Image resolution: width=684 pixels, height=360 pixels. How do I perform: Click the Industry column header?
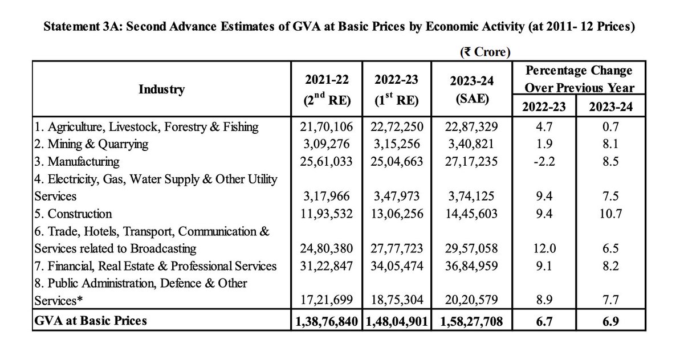(x=161, y=89)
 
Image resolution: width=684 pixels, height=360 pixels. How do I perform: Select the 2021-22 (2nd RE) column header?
(x=325, y=89)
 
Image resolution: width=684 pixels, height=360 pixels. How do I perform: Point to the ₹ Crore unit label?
(x=484, y=51)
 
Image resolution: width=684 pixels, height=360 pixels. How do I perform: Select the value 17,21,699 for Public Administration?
(x=325, y=301)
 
